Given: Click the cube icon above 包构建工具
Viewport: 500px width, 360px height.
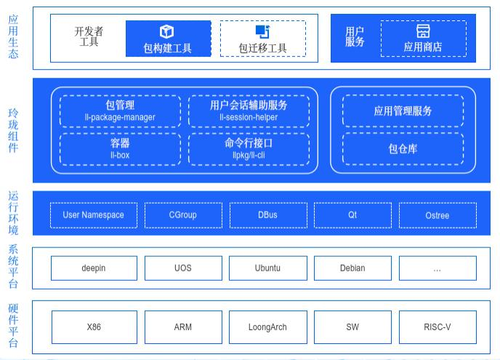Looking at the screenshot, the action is pos(167,31).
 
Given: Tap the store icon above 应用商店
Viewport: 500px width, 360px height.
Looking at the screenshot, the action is pos(423,31).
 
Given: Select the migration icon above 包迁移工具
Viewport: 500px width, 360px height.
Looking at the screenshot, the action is pos(262,31).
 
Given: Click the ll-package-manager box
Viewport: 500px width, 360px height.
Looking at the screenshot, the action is pos(120,111).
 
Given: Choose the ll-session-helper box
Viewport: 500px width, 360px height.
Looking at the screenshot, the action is pos(249,111).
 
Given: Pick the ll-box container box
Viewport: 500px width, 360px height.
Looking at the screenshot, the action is pos(120,148).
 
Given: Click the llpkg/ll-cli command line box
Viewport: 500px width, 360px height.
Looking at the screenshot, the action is pos(249,148).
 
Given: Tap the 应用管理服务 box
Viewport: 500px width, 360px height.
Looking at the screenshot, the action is pos(403,111).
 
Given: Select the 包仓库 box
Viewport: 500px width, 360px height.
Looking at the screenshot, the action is pos(403,149).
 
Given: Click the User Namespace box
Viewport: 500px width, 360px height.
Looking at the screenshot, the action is pos(93,215).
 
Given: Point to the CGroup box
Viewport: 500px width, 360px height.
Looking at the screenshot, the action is pos(182,215).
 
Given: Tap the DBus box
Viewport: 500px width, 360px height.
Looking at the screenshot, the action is pos(267,215).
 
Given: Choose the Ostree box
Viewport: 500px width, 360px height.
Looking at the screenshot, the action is pos(437,215).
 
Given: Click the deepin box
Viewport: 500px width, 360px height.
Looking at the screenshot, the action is pos(93,268).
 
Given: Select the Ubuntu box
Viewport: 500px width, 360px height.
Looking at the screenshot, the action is pos(267,268).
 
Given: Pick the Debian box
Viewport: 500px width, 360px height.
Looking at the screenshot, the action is pos(352,268).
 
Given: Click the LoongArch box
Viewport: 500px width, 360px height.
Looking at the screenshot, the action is pos(267,327).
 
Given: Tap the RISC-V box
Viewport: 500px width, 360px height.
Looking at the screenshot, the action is pos(437,327).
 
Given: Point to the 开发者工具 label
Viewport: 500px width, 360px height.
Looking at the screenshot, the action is pos(89,37).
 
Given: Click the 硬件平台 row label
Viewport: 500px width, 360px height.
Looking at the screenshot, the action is pos(13,326).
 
